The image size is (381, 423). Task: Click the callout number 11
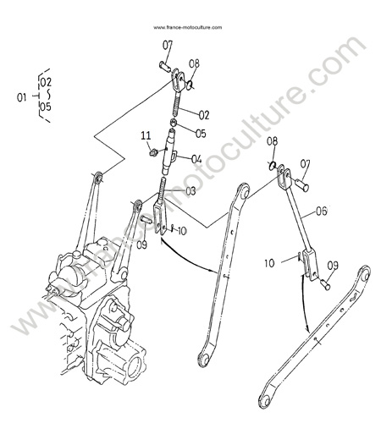click(x=146, y=136)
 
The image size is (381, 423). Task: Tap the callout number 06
click(x=321, y=211)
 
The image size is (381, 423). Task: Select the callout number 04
click(x=196, y=159)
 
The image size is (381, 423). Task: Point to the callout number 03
click(x=190, y=191)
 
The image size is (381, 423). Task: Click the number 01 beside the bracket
click(x=22, y=97)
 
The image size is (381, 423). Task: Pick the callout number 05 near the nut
click(x=201, y=134)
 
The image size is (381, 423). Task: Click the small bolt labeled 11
click(x=153, y=153)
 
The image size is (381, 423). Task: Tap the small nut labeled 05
click(x=174, y=123)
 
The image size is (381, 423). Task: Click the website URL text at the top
click(x=188, y=27)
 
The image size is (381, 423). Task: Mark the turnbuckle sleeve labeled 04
click(x=169, y=152)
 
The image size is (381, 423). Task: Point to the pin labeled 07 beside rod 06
click(x=302, y=186)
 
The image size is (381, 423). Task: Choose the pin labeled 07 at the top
click(x=165, y=66)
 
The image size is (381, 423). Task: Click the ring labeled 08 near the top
click(x=190, y=84)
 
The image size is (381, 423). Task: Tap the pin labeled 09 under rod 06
click(x=325, y=285)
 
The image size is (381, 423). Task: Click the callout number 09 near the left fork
click(x=141, y=244)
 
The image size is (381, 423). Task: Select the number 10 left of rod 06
click(x=269, y=263)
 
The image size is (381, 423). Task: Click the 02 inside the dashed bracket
click(x=46, y=82)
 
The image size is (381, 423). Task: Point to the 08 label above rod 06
click(x=273, y=141)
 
